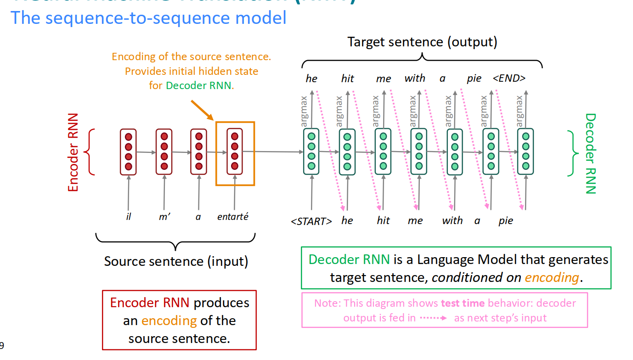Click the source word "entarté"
pos(232,216)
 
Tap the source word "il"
pos(129,216)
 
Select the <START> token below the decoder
pos(311,221)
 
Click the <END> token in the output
pos(509,79)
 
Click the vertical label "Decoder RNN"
pos(590,153)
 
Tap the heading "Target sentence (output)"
pos(422,42)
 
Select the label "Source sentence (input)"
pos(176,261)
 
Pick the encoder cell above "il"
pos(129,152)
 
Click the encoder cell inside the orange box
pos(235,152)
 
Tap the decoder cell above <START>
pos(311,152)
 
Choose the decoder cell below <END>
pos(526,152)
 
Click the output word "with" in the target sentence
pos(415,79)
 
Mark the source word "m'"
pos(164,216)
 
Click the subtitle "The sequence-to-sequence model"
pos(148,18)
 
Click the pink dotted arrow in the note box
pos(433,318)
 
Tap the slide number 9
pos(2,345)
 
